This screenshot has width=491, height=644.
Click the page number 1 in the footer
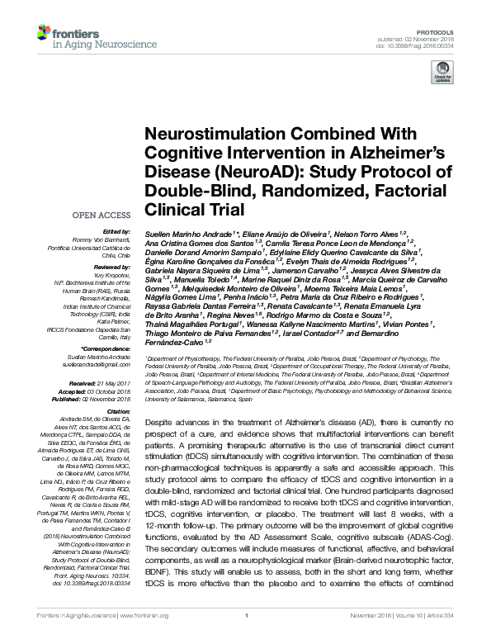tap(246, 638)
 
